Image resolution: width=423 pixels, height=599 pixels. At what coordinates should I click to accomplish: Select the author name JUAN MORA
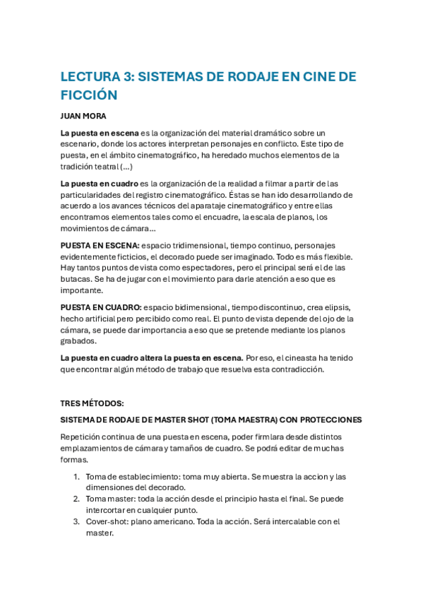(83, 115)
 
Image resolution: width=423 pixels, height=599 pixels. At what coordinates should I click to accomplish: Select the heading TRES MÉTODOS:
(92, 403)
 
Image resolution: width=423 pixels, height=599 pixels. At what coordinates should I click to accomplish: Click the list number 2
(76, 499)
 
